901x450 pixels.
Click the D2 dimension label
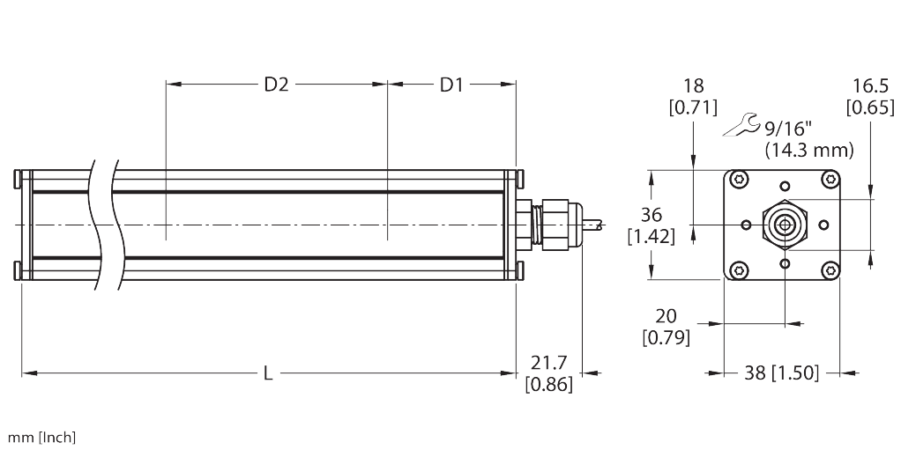tap(277, 85)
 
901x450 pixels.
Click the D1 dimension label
tap(451, 85)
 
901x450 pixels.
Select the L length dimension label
tap(268, 374)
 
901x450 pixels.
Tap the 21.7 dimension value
tap(548, 363)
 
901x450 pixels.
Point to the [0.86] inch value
tap(548, 384)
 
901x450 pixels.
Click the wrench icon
tap(739, 126)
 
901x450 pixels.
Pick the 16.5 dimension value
tap(870, 86)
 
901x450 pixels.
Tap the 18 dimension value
tap(694, 86)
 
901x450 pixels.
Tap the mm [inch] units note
tap(41, 438)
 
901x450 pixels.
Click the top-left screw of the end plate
tap(737, 180)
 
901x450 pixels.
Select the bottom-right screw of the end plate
tap(830, 269)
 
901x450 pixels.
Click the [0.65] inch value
tap(870, 107)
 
